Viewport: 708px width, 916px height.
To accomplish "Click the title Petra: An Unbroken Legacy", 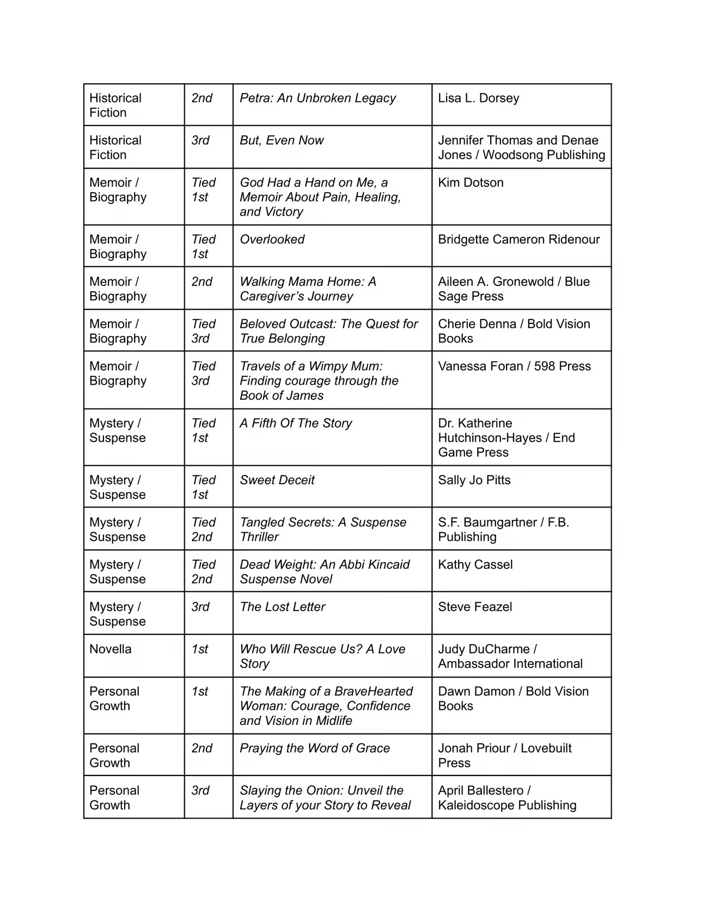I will coord(318,98).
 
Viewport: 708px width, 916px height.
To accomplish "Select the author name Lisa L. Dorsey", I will coord(478,98).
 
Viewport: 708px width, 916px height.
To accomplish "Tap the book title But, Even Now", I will coord(282,140).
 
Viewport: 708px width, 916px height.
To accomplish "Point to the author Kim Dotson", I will coord(471,182).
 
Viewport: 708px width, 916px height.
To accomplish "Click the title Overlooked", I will coord(272,239).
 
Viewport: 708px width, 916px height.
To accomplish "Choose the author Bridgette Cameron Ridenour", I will coord(518,239).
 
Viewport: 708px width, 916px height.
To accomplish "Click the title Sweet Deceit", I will coord(277,480).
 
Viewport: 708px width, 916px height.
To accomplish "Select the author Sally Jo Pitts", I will coord(474,480).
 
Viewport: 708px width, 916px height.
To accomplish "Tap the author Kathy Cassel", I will coord(475,564).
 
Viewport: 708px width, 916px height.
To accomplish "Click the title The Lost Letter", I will coord(282,607).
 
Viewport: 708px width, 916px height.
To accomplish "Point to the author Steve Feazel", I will coord(475,607).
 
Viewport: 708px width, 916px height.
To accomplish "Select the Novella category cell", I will coord(111,649).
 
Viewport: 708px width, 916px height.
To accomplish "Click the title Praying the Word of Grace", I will coord(314,748).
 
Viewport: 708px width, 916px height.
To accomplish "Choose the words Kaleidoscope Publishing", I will coord(507,805).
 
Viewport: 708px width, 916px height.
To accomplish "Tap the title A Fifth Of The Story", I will coord(296,423).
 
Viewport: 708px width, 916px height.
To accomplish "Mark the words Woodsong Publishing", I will coord(544,155).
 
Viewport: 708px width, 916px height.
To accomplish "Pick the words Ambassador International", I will coord(510,663).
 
